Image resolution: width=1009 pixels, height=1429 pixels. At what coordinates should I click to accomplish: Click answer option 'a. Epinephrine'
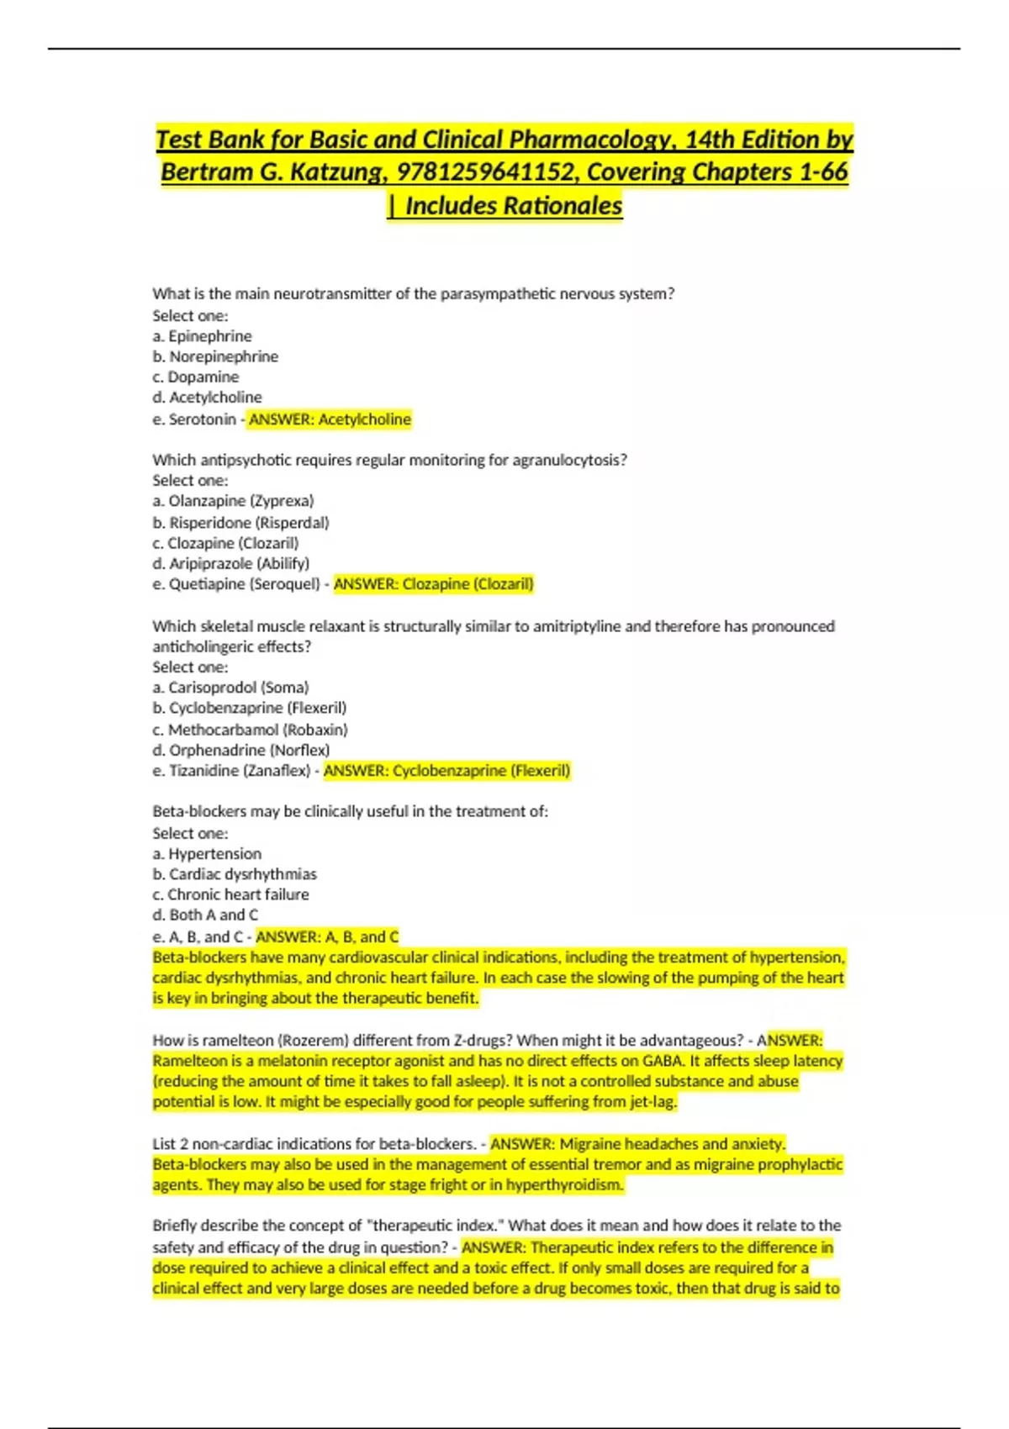[202, 336]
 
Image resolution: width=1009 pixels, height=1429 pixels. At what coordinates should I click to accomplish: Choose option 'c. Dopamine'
[196, 377]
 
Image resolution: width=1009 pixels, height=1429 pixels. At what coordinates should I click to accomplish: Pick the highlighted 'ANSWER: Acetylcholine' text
[330, 419]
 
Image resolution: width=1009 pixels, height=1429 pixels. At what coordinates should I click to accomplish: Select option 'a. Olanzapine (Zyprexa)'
[233, 501]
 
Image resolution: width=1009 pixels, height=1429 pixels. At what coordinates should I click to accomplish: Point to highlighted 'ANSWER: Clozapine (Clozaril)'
[434, 584]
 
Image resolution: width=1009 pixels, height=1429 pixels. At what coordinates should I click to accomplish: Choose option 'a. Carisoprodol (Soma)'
[230, 688]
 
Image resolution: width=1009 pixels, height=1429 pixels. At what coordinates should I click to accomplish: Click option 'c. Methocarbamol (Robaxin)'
[250, 730]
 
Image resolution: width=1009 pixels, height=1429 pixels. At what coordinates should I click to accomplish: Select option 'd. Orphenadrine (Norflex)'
[241, 750]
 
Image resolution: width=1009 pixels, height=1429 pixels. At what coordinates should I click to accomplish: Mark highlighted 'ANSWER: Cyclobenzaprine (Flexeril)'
[447, 771]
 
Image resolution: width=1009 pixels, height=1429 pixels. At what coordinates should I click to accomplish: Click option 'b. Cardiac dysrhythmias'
[235, 874]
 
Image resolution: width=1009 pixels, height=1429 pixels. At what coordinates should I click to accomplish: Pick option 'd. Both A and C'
[205, 915]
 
